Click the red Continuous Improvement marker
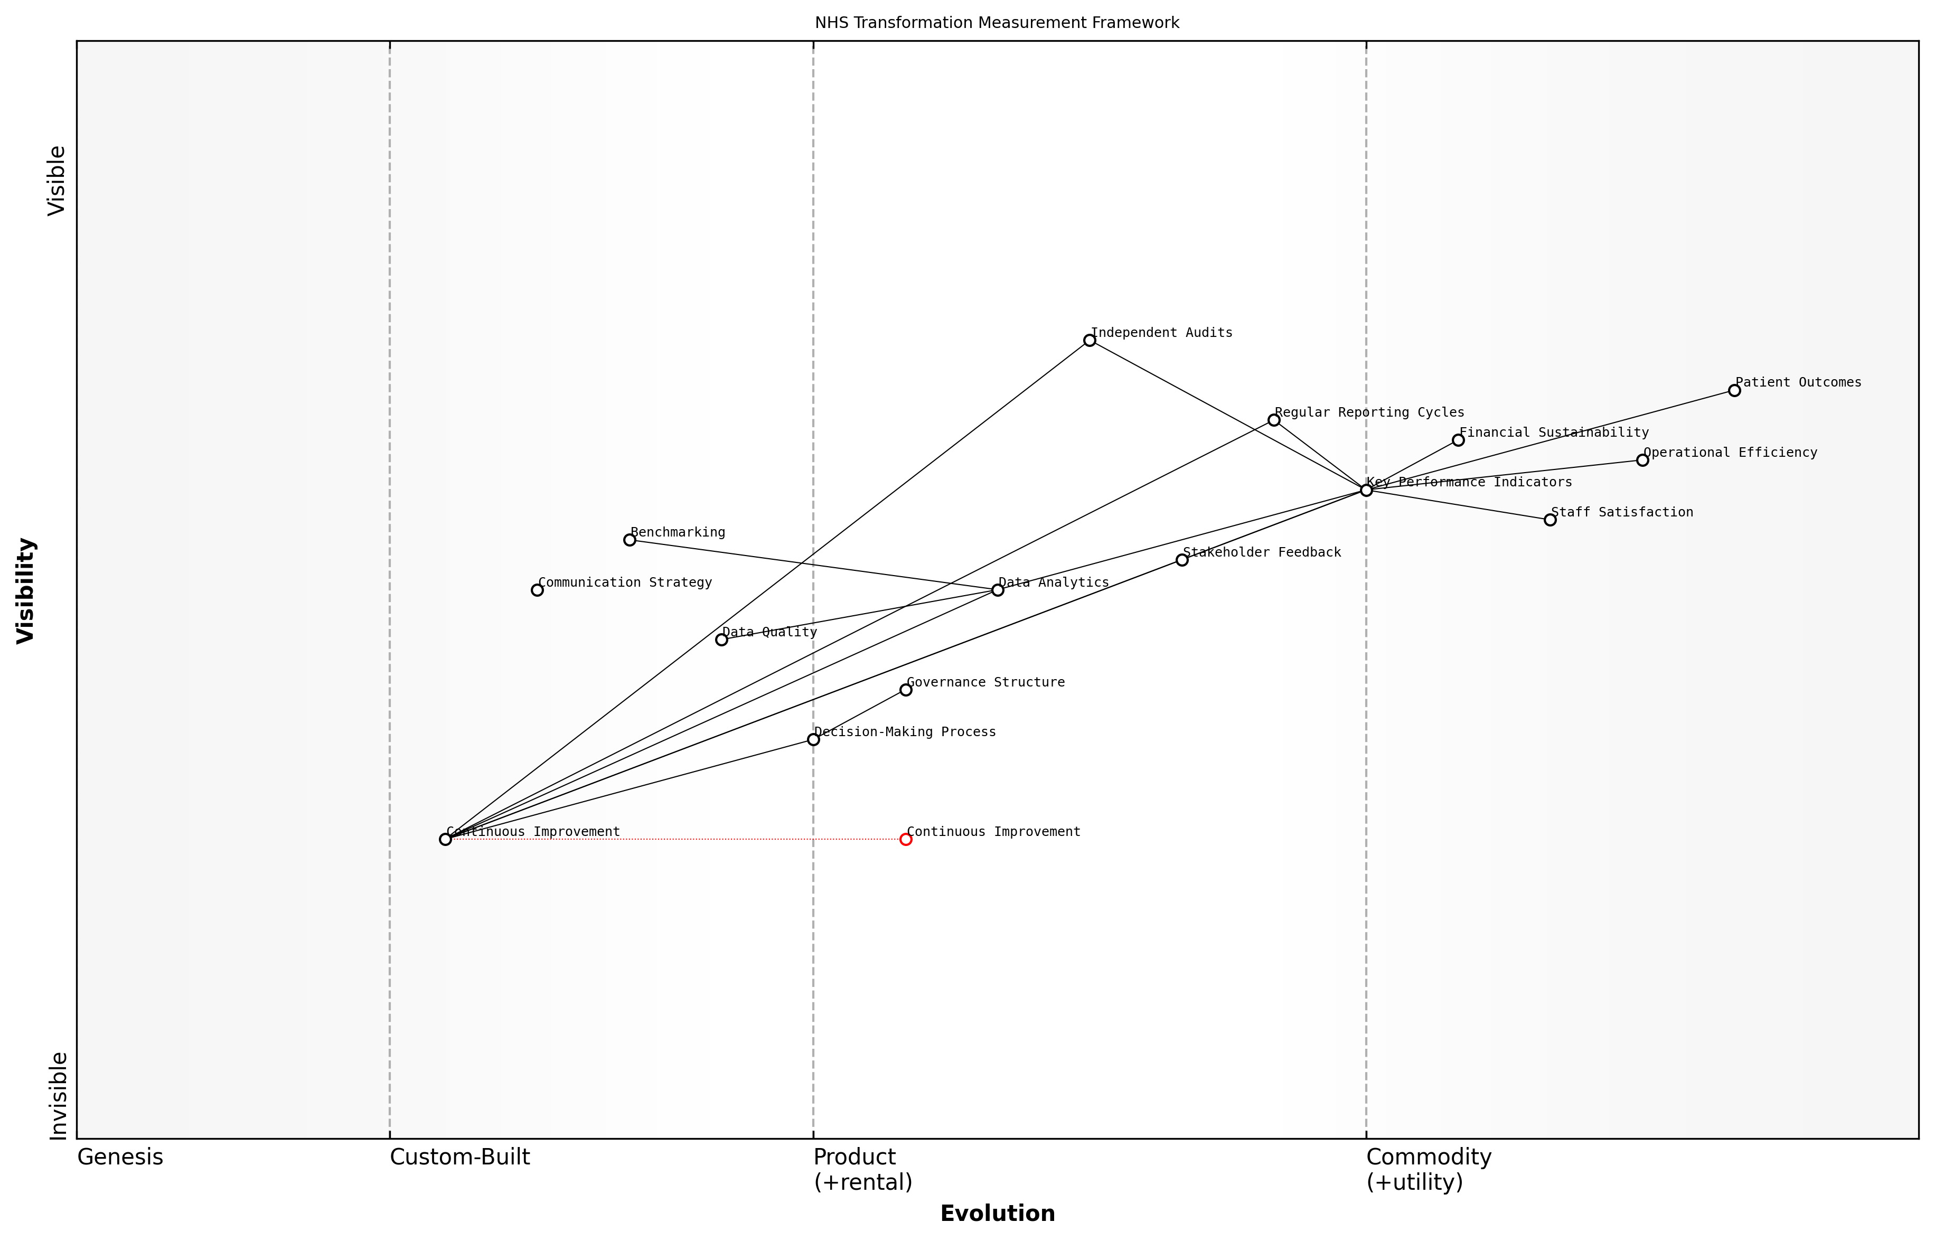(905, 839)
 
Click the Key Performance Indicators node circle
(1365, 490)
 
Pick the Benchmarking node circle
(630, 540)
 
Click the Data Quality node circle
(721, 640)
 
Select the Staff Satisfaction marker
(1550, 520)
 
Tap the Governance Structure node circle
(905, 690)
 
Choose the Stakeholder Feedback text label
(1261, 552)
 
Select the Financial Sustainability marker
(1458, 440)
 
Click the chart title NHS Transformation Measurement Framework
(996, 23)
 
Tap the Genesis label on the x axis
(119, 1157)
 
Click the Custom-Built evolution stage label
(459, 1157)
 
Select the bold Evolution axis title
(997, 1214)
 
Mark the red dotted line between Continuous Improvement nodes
(677, 839)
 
